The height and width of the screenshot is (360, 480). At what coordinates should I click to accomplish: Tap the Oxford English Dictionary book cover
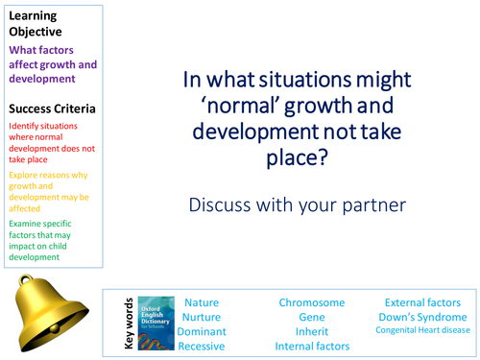[x=155, y=324]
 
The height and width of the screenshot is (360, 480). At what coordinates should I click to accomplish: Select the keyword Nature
[x=202, y=302]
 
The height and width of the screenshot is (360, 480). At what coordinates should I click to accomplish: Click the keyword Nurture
[x=202, y=317]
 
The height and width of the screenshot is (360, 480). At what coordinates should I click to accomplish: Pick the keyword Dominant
[x=202, y=331]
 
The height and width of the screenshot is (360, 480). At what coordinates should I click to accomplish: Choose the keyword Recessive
[x=202, y=346]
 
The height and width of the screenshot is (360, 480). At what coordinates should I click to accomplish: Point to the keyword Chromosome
[x=312, y=302]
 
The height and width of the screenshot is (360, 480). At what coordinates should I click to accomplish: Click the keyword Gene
[x=312, y=317]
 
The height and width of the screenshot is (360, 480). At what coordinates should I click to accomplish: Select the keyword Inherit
[x=312, y=331]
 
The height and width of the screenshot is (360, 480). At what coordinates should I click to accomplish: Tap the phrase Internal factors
[x=312, y=346]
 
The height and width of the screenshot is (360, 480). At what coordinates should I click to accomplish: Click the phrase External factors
[x=423, y=302]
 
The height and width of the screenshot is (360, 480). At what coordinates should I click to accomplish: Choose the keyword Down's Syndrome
[x=423, y=317]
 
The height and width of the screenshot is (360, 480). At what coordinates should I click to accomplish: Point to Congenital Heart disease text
[x=423, y=331]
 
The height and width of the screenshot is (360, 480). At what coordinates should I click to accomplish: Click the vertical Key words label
[x=128, y=324]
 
